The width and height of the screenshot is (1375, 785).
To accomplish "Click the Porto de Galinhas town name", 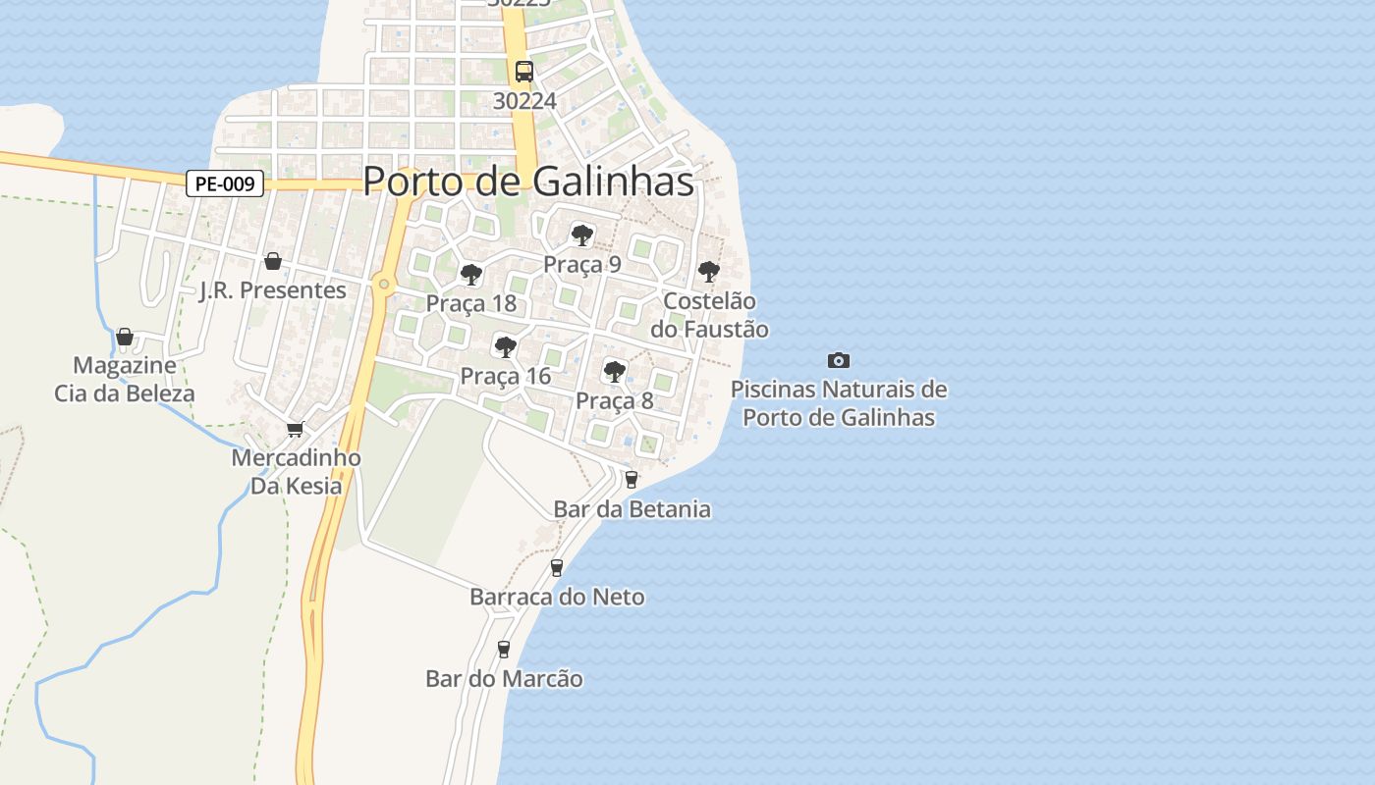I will [528, 182].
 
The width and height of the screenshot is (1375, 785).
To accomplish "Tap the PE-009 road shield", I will [225, 183].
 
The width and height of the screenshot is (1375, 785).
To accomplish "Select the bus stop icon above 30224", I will [524, 71].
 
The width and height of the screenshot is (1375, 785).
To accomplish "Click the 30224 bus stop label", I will [524, 100].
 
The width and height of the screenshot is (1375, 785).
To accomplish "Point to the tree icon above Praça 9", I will [582, 235].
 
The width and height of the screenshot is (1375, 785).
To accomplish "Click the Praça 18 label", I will [471, 303].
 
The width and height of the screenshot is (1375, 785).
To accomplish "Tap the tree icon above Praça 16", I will [506, 346].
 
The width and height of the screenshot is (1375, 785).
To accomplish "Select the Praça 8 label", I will [615, 400].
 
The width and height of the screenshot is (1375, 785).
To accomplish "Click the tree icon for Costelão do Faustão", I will [708, 272].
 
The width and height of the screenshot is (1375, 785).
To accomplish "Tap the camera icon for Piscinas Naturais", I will [838, 361].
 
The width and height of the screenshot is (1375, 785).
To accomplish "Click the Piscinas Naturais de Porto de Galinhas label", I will [839, 403].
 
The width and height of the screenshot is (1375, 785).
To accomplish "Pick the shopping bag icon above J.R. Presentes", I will [273, 261].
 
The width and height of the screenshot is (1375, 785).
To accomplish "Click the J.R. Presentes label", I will [273, 290].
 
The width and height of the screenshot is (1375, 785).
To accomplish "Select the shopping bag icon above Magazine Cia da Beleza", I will [124, 337].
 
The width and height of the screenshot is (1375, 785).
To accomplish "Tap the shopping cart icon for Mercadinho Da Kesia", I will [295, 429].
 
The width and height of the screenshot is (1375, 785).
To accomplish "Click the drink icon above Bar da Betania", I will [631, 480].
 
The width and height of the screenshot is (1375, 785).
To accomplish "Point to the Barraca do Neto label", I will [557, 597].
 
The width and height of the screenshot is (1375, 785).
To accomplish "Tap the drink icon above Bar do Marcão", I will [504, 649].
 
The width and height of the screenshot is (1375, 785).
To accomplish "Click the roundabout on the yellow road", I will [384, 285].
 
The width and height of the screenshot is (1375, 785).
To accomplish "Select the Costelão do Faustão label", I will [709, 315].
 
